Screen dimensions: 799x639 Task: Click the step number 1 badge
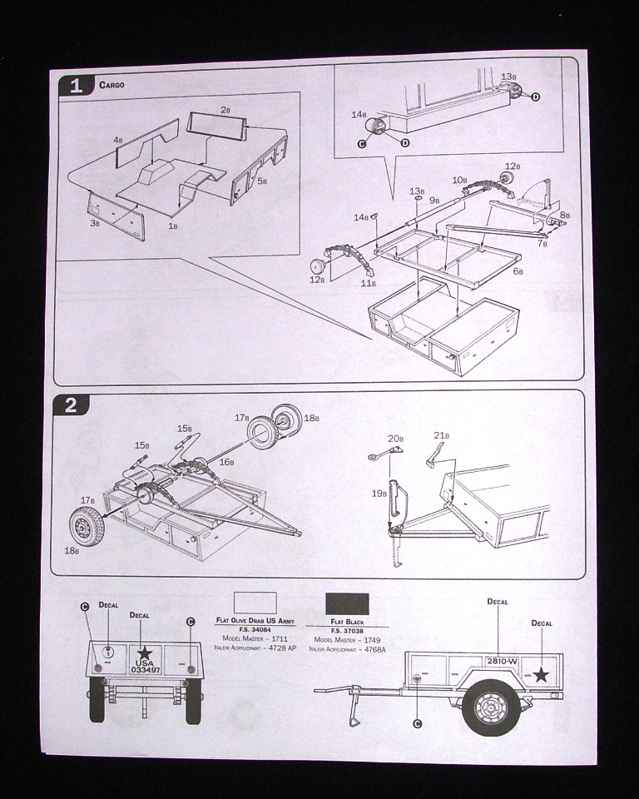pyautogui.click(x=77, y=86)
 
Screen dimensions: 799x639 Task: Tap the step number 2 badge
pyautogui.click(x=71, y=405)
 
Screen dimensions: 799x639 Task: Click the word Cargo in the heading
pyautogui.click(x=112, y=85)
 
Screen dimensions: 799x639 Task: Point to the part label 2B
pyautogui.click(x=225, y=110)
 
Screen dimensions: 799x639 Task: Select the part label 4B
pyautogui.click(x=118, y=141)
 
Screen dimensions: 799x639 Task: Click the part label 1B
pyautogui.click(x=172, y=226)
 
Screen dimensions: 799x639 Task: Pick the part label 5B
pyautogui.click(x=261, y=180)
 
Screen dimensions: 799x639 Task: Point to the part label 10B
pyautogui.click(x=459, y=180)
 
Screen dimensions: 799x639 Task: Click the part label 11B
pyautogui.click(x=367, y=283)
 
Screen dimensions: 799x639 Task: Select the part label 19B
pyautogui.click(x=379, y=493)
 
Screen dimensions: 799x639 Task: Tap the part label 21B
pyautogui.click(x=441, y=435)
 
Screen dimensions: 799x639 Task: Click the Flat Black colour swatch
pyautogui.click(x=348, y=603)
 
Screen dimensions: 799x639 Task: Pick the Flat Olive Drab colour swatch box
pyautogui.click(x=255, y=603)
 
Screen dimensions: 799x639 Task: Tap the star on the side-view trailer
pyautogui.click(x=541, y=675)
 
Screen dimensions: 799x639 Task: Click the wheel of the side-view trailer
pyautogui.click(x=490, y=707)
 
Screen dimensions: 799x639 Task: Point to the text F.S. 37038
pyautogui.click(x=348, y=630)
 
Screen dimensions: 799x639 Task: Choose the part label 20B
pyautogui.click(x=395, y=439)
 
